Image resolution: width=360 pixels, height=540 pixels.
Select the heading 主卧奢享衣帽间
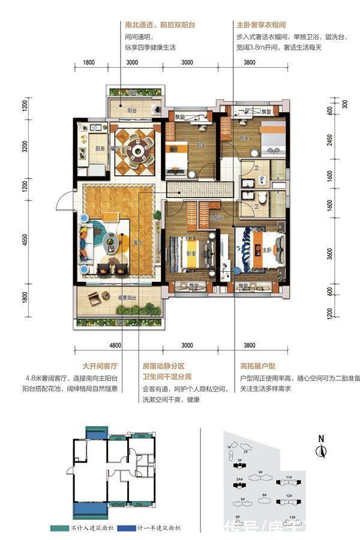pyautogui.click(x=261, y=26)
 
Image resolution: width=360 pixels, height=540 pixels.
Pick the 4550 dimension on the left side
pyautogui.click(x=25, y=239)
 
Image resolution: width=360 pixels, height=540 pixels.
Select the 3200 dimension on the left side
pyautogui.click(x=25, y=147)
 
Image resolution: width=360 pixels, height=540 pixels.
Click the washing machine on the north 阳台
pyautogui.click(x=155, y=110)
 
